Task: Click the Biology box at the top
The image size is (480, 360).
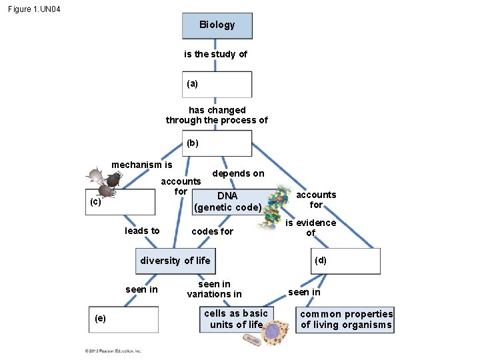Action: (217, 25)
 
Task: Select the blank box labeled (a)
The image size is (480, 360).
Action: (217, 85)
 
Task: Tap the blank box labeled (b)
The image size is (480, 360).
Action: (217, 143)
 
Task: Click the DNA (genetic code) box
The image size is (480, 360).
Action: (227, 201)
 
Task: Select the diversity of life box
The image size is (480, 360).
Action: (175, 261)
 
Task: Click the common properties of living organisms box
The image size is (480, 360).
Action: (346, 319)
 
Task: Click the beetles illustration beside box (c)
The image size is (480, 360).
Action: (103, 182)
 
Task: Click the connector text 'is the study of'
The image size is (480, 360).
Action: (215, 54)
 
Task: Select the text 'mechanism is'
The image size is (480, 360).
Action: (141, 165)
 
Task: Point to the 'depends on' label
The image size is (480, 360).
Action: (238, 173)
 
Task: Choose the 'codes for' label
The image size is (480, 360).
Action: (212, 231)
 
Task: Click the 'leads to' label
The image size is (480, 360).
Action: (142, 231)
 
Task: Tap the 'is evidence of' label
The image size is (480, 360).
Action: (311, 228)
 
